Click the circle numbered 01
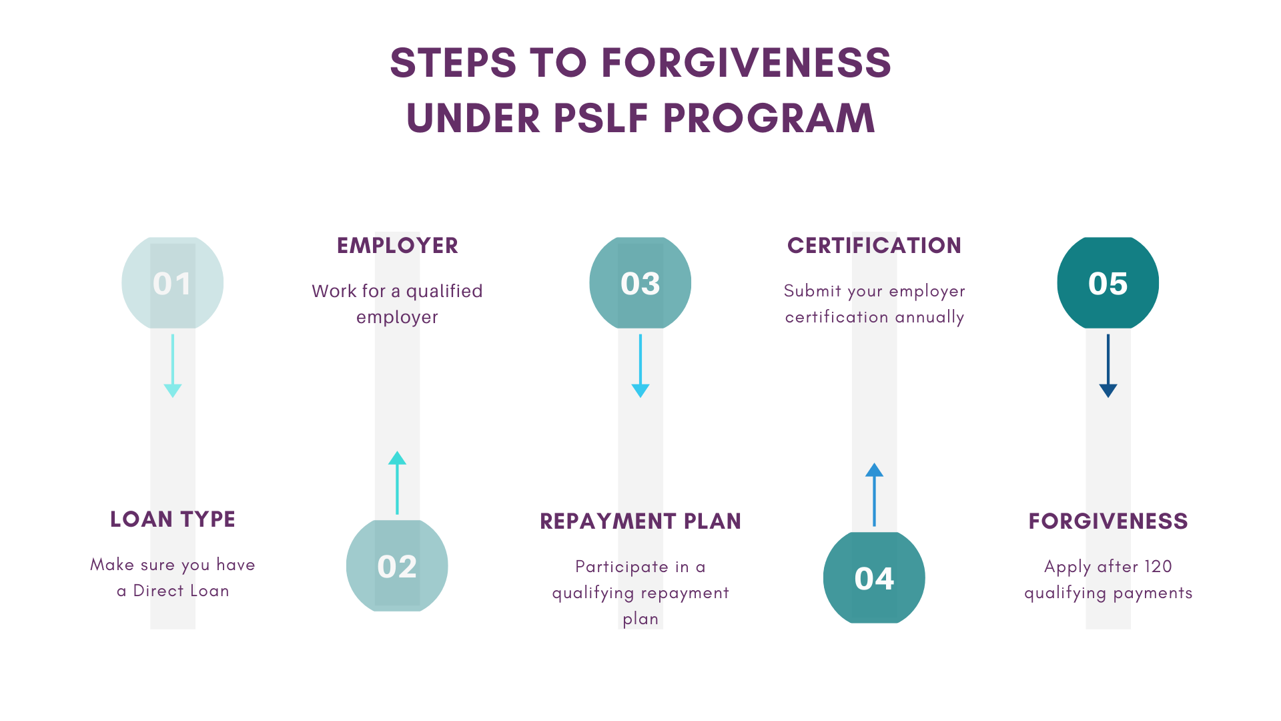pos(172,283)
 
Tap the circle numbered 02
pos(397,565)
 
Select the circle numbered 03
pos(640,283)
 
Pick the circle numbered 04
pos(874,577)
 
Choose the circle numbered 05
pos(1108,283)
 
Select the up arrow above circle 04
pos(874,495)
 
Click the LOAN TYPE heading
pos(173,519)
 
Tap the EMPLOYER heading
pos(398,246)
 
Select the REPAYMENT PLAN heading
pos(640,521)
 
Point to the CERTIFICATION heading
pos(874,246)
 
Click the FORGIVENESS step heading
pos(1108,521)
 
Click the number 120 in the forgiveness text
pos(1158,567)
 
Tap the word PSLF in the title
pos(601,118)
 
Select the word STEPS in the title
pos(453,63)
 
